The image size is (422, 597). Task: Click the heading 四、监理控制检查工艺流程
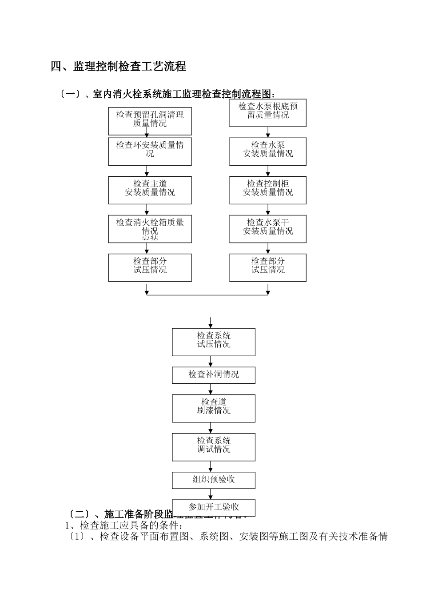click(118, 67)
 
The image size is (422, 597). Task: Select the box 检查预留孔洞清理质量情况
click(150, 121)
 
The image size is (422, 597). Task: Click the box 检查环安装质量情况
click(150, 151)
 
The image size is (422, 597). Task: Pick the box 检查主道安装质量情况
click(150, 190)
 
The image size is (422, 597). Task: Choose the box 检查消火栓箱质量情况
click(150, 229)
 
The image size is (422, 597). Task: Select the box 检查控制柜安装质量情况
click(268, 190)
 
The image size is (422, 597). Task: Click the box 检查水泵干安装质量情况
click(268, 229)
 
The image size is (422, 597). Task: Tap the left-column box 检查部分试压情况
click(150, 267)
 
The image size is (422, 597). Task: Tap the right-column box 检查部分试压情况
click(268, 267)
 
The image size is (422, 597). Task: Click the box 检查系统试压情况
click(214, 342)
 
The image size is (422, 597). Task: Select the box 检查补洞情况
click(214, 375)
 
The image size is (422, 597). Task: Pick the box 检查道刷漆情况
click(214, 408)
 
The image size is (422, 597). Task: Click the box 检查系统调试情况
click(214, 447)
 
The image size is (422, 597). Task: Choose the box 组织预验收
click(214, 480)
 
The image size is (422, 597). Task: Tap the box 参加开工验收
click(214, 507)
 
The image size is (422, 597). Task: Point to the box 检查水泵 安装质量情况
click(268, 151)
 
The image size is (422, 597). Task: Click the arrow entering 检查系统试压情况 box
click(211, 323)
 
